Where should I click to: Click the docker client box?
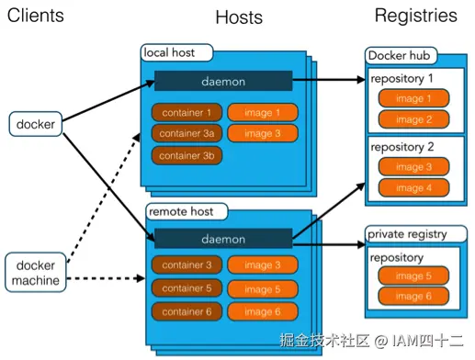click(x=34, y=122)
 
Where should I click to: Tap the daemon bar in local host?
click(x=223, y=81)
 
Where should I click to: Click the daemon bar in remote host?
click(x=223, y=239)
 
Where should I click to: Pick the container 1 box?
click(x=187, y=113)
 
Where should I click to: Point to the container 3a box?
click(x=187, y=134)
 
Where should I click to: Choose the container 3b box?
click(x=187, y=155)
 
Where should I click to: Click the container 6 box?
click(x=187, y=312)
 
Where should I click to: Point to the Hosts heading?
click(x=239, y=17)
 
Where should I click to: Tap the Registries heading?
click(x=415, y=15)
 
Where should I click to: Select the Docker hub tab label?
click(x=401, y=57)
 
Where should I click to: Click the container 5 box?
click(x=187, y=288)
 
